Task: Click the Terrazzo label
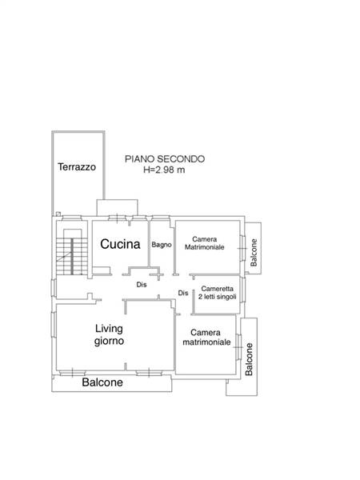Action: click(x=77, y=167)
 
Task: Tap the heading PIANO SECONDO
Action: click(x=165, y=159)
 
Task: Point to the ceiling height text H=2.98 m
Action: click(x=164, y=170)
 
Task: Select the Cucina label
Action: click(x=120, y=244)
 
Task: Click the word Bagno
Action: click(x=162, y=245)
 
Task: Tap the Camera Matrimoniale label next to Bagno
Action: click(x=205, y=243)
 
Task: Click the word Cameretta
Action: click(x=217, y=289)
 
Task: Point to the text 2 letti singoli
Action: click(x=218, y=297)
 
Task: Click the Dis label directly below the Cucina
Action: click(x=142, y=285)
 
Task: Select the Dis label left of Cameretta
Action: click(x=183, y=293)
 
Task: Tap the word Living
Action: click(x=109, y=329)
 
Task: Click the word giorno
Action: click(x=109, y=341)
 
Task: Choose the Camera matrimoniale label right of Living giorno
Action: click(x=206, y=337)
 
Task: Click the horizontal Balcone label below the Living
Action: click(x=102, y=382)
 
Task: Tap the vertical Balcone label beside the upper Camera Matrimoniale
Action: click(x=254, y=253)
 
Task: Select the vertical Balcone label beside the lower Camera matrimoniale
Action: click(x=249, y=359)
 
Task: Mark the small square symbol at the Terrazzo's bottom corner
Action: click(x=58, y=214)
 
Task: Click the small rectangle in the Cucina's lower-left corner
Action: click(x=102, y=270)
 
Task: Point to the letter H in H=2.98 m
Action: click(x=146, y=170)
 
